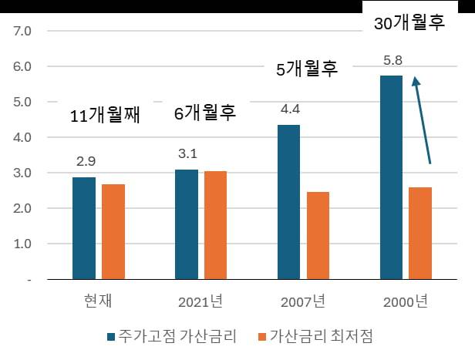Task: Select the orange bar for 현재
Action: point(113,232)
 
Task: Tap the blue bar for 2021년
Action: point(187,224)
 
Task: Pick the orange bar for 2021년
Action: point(215,225)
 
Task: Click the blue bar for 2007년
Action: point(289,202)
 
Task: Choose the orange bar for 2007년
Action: point(318,235)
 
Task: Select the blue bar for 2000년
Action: point(392,177)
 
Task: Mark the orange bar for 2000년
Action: point(420,233)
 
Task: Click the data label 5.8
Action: point(393,59)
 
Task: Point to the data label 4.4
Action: point(290,108)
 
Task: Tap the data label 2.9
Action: point(85,161)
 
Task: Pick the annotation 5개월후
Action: point(307,69)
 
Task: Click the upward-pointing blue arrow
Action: point(422,119)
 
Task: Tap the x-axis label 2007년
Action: point(303,301)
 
